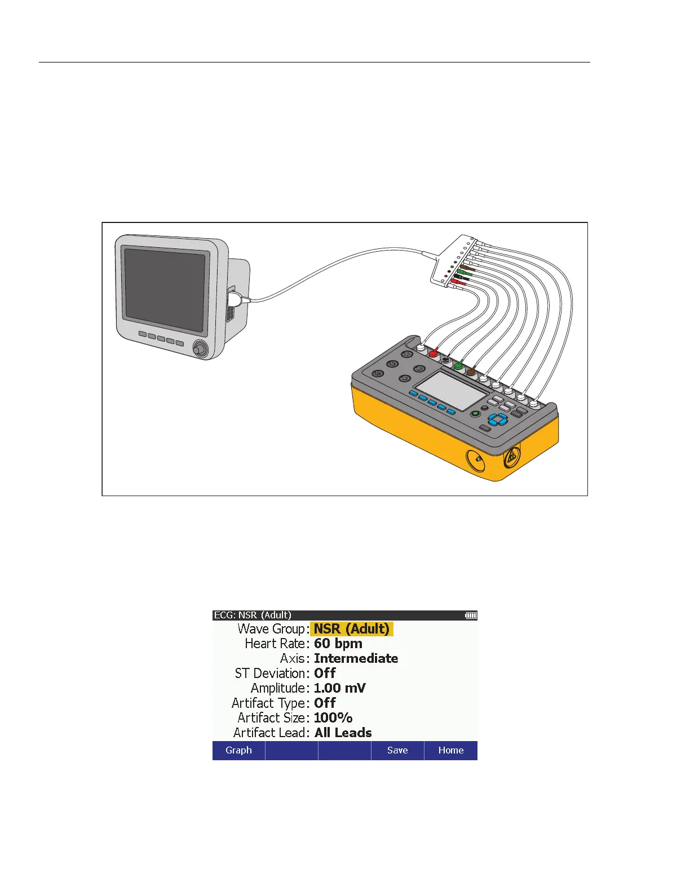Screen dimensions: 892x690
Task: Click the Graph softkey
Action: (x=238, y=750)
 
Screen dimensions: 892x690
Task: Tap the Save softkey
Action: (x=397, y=750)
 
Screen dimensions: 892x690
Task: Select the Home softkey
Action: (x=450, y=750)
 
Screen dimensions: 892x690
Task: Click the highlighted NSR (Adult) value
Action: (x=352, y=629)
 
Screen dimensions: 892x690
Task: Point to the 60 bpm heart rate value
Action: (x=338, y=644)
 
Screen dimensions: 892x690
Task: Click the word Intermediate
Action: (x=356, y=658)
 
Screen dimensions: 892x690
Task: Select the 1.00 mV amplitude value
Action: (x=340, y=688)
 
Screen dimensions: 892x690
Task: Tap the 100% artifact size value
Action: (x=333, y=718)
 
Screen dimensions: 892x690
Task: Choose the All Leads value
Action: (x=343, y=733)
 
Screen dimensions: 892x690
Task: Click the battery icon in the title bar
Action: (x=471, y=616)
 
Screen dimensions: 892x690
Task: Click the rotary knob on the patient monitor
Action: (x=199, y=349)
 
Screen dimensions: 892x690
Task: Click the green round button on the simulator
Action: (x=475, y=414)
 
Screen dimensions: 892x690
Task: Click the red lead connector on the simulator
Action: (x=434, y=354)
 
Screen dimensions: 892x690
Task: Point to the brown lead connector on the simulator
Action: (x=471, y=372)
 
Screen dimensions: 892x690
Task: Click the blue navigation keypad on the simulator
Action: (x=498, y=419)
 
